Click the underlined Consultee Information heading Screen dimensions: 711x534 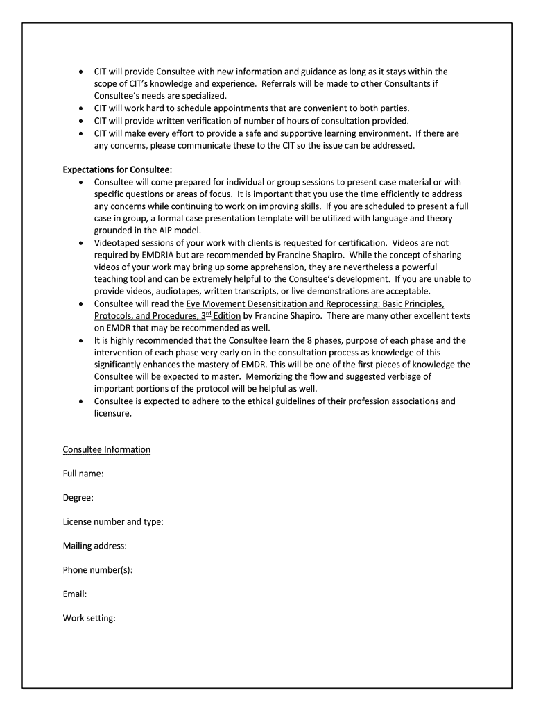[107, 450]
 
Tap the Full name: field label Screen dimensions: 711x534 [83, 474]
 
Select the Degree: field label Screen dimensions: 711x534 [78, 498]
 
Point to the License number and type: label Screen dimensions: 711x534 [113, 522]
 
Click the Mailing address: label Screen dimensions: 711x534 [95, 546]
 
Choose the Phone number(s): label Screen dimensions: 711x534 [98, 570]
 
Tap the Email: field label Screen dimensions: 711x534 [75, 594]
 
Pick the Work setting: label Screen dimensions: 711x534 [89, 618]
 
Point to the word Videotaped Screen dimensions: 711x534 [117, 243]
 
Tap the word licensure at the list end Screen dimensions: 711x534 [112, 413]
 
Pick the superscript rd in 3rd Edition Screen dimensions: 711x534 [207, 314]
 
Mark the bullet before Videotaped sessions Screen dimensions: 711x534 [81, 244]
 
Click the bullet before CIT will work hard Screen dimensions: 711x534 [81, 108]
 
